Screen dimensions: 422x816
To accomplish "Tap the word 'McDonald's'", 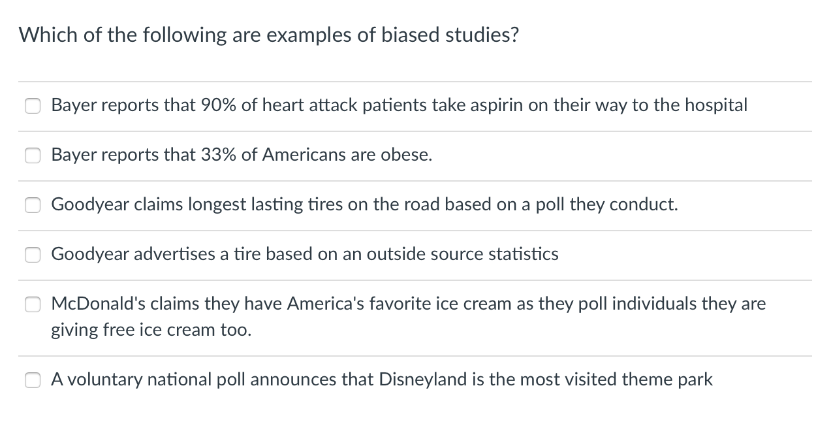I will (91, 303).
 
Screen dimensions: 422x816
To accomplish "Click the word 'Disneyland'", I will (419, 379).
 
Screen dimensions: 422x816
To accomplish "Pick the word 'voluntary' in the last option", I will (104, 379).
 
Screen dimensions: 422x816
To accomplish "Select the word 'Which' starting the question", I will (42, 35).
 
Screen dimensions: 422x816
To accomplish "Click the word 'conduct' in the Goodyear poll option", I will (645, 204).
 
